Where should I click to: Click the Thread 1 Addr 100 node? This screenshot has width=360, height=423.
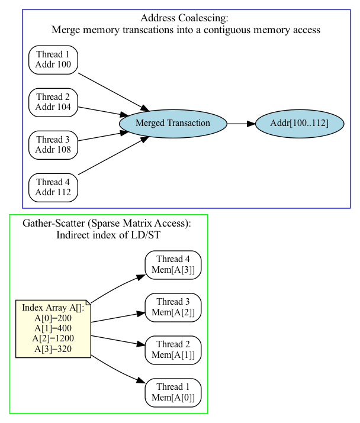[x=53, y=59]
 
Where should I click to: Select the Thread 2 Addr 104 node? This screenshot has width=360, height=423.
[x=53, y=102]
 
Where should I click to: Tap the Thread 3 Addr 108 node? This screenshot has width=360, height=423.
[x=53, y=144]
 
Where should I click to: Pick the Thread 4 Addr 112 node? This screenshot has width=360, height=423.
[x=53, y=187]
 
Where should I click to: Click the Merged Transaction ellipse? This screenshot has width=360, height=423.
[x=173, y=123]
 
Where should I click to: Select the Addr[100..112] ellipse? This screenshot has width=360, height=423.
[x=300, y=123]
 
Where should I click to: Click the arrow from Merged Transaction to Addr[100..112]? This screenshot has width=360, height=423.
[x=241, y=124]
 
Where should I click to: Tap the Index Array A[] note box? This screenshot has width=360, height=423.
[x=53, y=328]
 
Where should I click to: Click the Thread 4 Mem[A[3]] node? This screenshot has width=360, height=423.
[x=173, y=264]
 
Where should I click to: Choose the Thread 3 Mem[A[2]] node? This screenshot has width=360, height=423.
[x=173, y=307]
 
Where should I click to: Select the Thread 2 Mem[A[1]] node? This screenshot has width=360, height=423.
[x=173, y=350]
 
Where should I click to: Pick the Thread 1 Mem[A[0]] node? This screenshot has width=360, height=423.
[x=173, y=392]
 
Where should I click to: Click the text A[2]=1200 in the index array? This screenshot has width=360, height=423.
[x=53, y=338]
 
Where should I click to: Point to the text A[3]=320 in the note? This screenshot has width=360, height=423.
[x=53, y=348]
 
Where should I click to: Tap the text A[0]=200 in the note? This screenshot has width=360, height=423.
[x=53, y=318]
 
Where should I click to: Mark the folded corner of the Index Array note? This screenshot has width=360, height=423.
[x=87, y=303]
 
